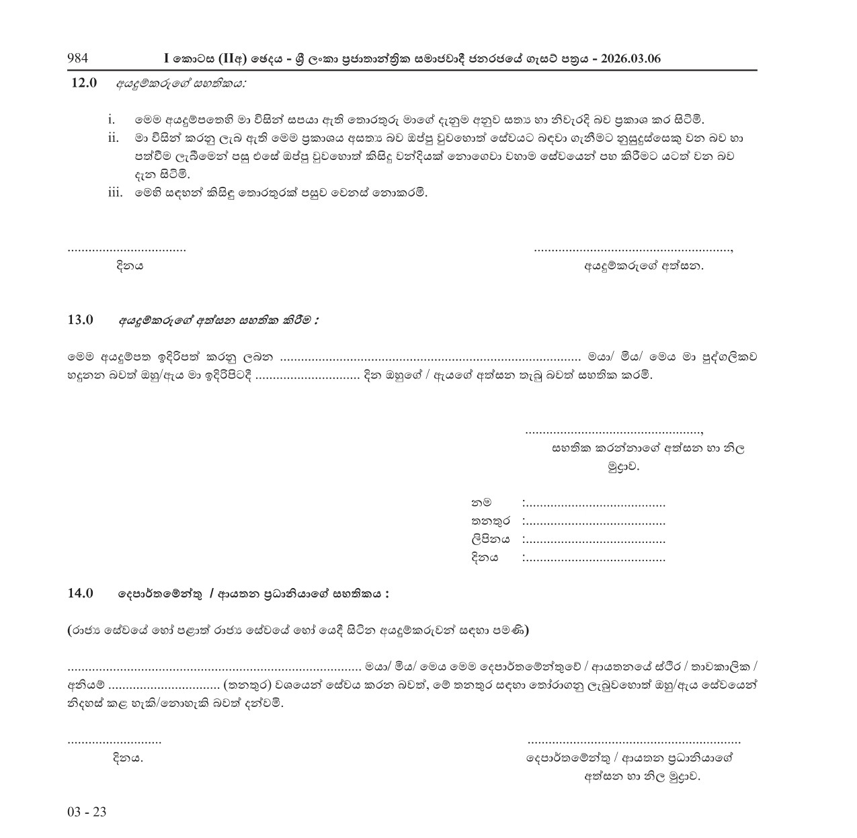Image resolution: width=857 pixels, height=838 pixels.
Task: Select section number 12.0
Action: point(85,83)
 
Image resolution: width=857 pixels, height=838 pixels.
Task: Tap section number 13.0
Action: point(81,320)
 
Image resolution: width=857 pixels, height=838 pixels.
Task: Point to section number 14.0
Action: point(81,593)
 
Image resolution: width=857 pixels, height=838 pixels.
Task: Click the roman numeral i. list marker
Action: point(112,120)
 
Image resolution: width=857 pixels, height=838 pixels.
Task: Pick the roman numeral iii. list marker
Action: point(115,193)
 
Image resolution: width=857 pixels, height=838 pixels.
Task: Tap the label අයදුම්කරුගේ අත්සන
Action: point(644,266)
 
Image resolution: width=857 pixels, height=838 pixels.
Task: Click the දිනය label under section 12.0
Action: point(130,266)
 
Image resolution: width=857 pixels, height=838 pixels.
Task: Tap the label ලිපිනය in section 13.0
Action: point(490,539)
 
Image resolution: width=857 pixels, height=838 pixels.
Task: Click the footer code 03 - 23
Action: point(87,812)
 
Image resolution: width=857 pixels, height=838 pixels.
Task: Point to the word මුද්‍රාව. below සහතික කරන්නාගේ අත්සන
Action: point(623,466)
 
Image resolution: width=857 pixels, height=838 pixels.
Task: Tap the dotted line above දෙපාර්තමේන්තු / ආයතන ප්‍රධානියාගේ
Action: point(634,742)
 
